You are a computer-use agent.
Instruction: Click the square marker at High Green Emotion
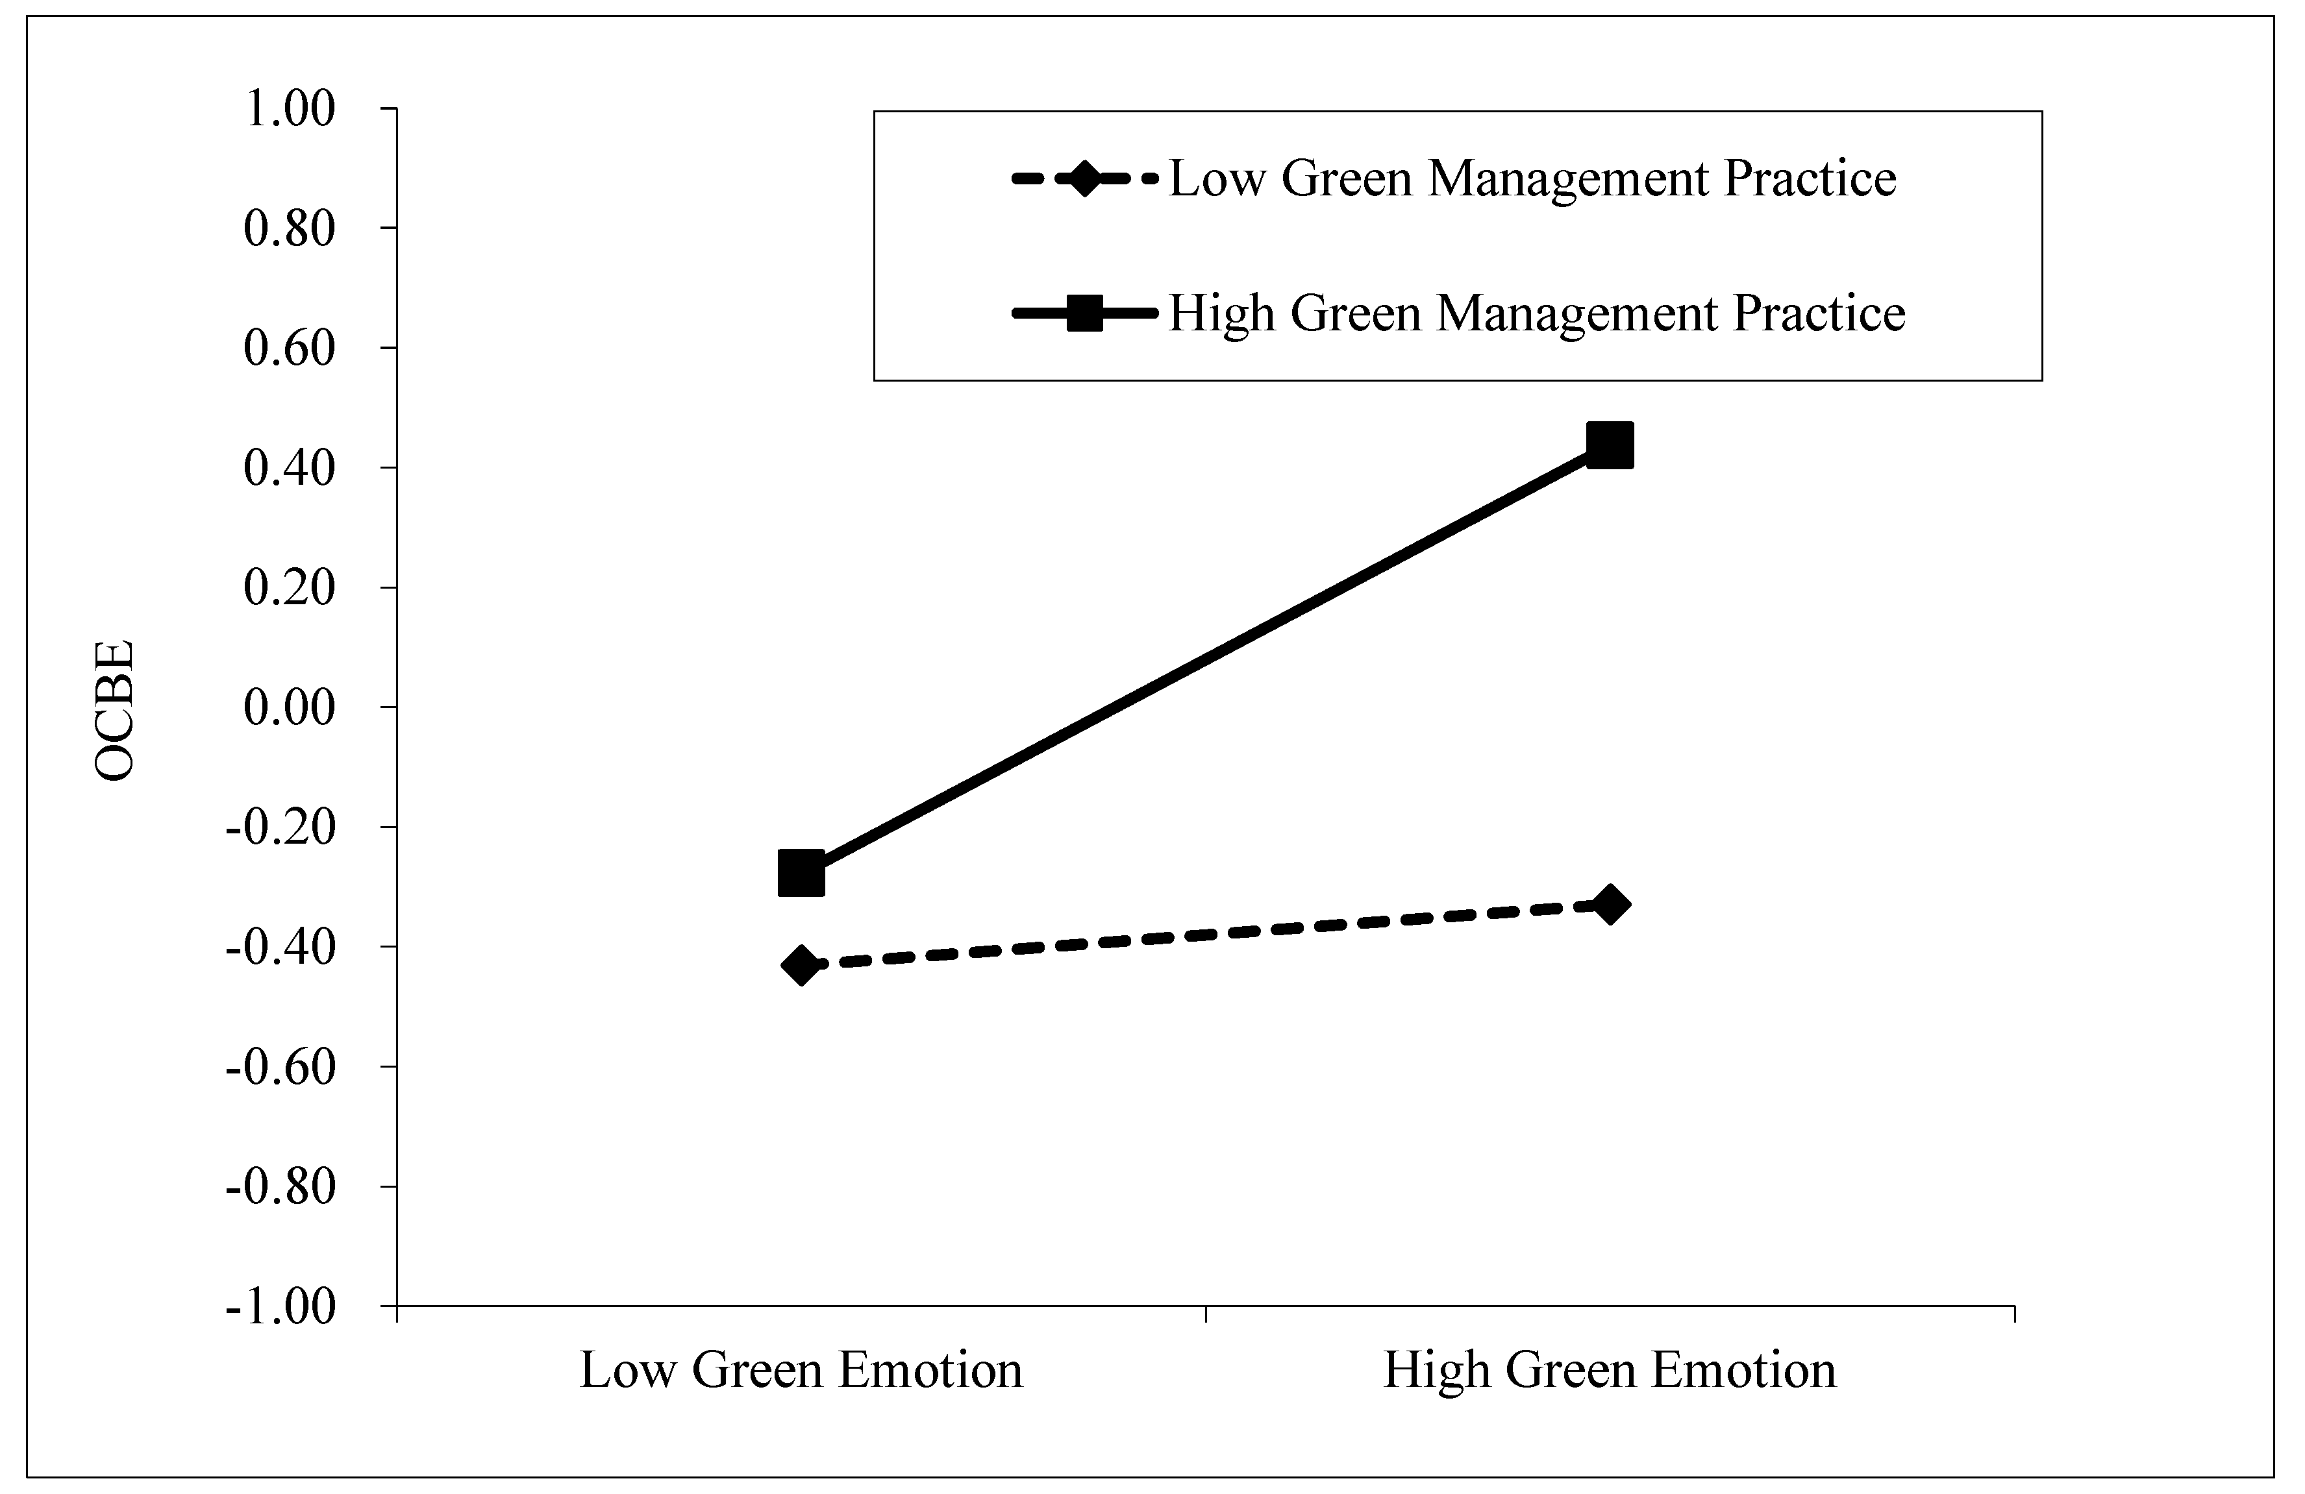[1610, 445]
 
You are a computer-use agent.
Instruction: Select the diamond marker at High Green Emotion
[1610, 904]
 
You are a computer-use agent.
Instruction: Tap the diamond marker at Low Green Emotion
[801, 964]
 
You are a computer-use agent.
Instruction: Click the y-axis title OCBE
[114, 711]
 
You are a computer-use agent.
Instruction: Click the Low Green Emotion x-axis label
[801, 1370]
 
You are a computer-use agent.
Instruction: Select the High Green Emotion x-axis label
[1610, 1370]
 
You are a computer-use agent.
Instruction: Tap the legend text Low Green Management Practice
[1532, 178]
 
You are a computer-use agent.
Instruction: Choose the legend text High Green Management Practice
[1537, 313]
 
